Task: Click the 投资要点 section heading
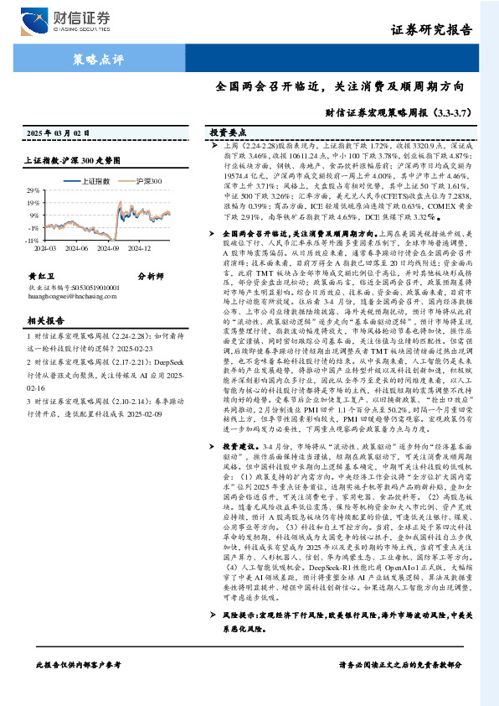(227, 133)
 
